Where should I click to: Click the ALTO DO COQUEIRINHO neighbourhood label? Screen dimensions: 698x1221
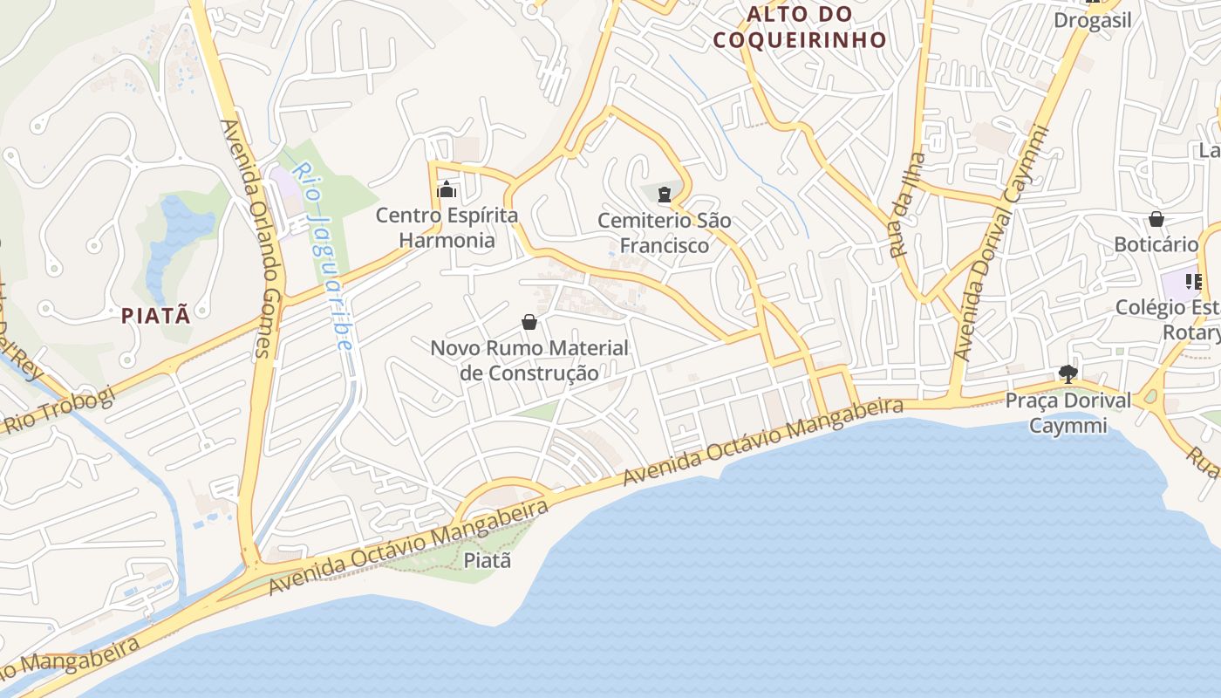[799, 27]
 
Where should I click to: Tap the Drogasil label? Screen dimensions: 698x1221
[1092, 20]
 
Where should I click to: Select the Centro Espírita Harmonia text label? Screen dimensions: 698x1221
[447, 227]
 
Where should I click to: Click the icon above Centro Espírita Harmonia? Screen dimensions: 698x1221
[447, 189]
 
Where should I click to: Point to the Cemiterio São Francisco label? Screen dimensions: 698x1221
[665, 233]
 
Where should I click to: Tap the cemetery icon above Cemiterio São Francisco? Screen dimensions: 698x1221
[665, 194]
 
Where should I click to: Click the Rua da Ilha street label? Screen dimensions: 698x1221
[907, 205]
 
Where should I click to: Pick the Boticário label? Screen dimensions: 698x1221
[1156, 244]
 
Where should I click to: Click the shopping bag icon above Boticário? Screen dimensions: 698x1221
[1156, 218]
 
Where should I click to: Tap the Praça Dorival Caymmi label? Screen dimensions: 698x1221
[1068, 413]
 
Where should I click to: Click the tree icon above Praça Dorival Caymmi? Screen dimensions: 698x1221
[1068, 374]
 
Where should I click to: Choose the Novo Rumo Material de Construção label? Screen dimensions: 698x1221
[529, 360]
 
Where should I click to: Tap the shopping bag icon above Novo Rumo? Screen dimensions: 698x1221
[529, 322]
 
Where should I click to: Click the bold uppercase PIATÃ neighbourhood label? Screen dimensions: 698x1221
[156, 316]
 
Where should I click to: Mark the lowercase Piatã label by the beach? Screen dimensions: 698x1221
[487, 560]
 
